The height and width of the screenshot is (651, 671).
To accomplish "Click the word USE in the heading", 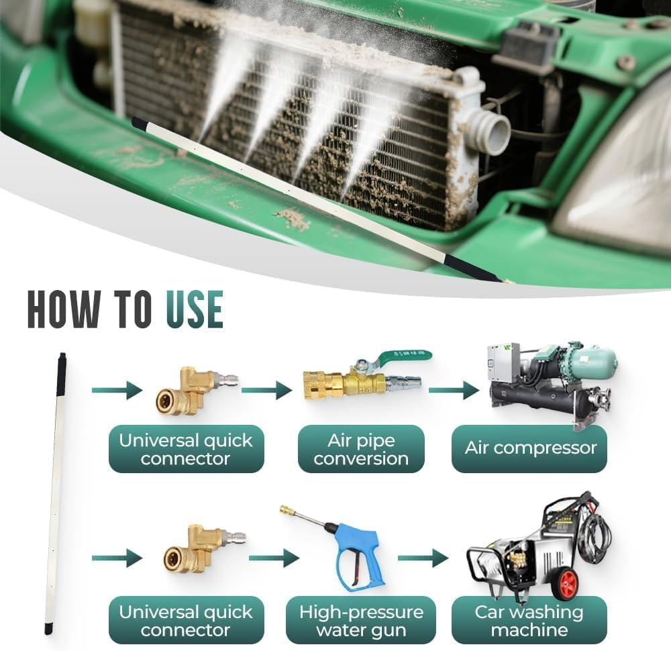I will [x=195, y=310].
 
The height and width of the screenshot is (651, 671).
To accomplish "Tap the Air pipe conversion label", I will [x=361, y=449].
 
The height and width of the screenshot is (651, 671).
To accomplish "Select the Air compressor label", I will [x=530, y=448].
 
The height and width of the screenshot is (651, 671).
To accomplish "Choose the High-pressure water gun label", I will [x=361, y=620].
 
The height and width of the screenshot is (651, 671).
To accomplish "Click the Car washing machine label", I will [x=529, y=620].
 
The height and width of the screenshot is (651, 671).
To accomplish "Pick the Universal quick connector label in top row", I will [x=186, y=449].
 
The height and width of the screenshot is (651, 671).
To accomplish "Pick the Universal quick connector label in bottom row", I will [x=186, y=620].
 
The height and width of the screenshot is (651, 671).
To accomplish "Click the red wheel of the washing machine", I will [x=565, y=583].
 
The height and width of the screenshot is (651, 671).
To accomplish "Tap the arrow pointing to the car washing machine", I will [x=422, y=558].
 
